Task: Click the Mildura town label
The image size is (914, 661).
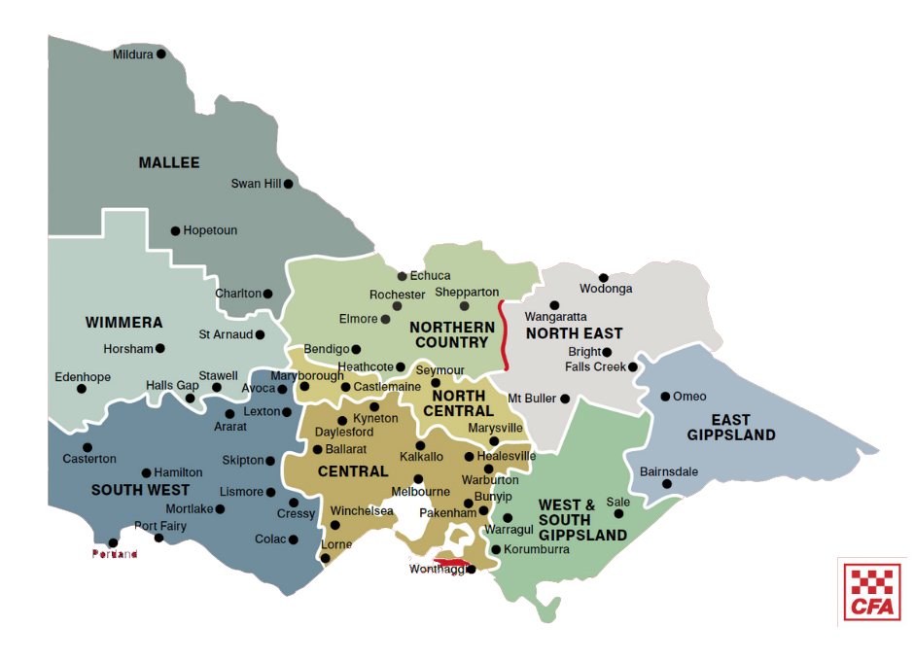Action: pos(132,54)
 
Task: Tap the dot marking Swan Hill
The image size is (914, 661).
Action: pos(288,183)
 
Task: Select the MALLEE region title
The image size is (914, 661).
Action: pos(169,162)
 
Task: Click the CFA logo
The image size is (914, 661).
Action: pos(871,591)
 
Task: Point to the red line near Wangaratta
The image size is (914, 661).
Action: pos(503,335)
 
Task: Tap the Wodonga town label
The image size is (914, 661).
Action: pos(606,289)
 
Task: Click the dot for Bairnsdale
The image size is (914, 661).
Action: pos(667,484)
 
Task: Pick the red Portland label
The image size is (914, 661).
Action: pos(115,554)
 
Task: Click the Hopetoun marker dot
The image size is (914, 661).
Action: pos(176,231)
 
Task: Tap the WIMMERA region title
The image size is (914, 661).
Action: pos(123,322)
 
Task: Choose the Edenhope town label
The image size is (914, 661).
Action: pos(83,377)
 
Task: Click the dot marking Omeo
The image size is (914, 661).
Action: pos(665,397)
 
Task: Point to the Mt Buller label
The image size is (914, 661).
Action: pos(532,399)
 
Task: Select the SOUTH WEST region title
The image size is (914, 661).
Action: pos(140,490)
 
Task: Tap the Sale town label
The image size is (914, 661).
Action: pos(617,502)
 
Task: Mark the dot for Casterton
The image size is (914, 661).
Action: pos(88,447)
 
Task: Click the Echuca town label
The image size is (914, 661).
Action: pos(430,276)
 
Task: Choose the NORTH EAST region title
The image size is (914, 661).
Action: pos(574,333)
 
